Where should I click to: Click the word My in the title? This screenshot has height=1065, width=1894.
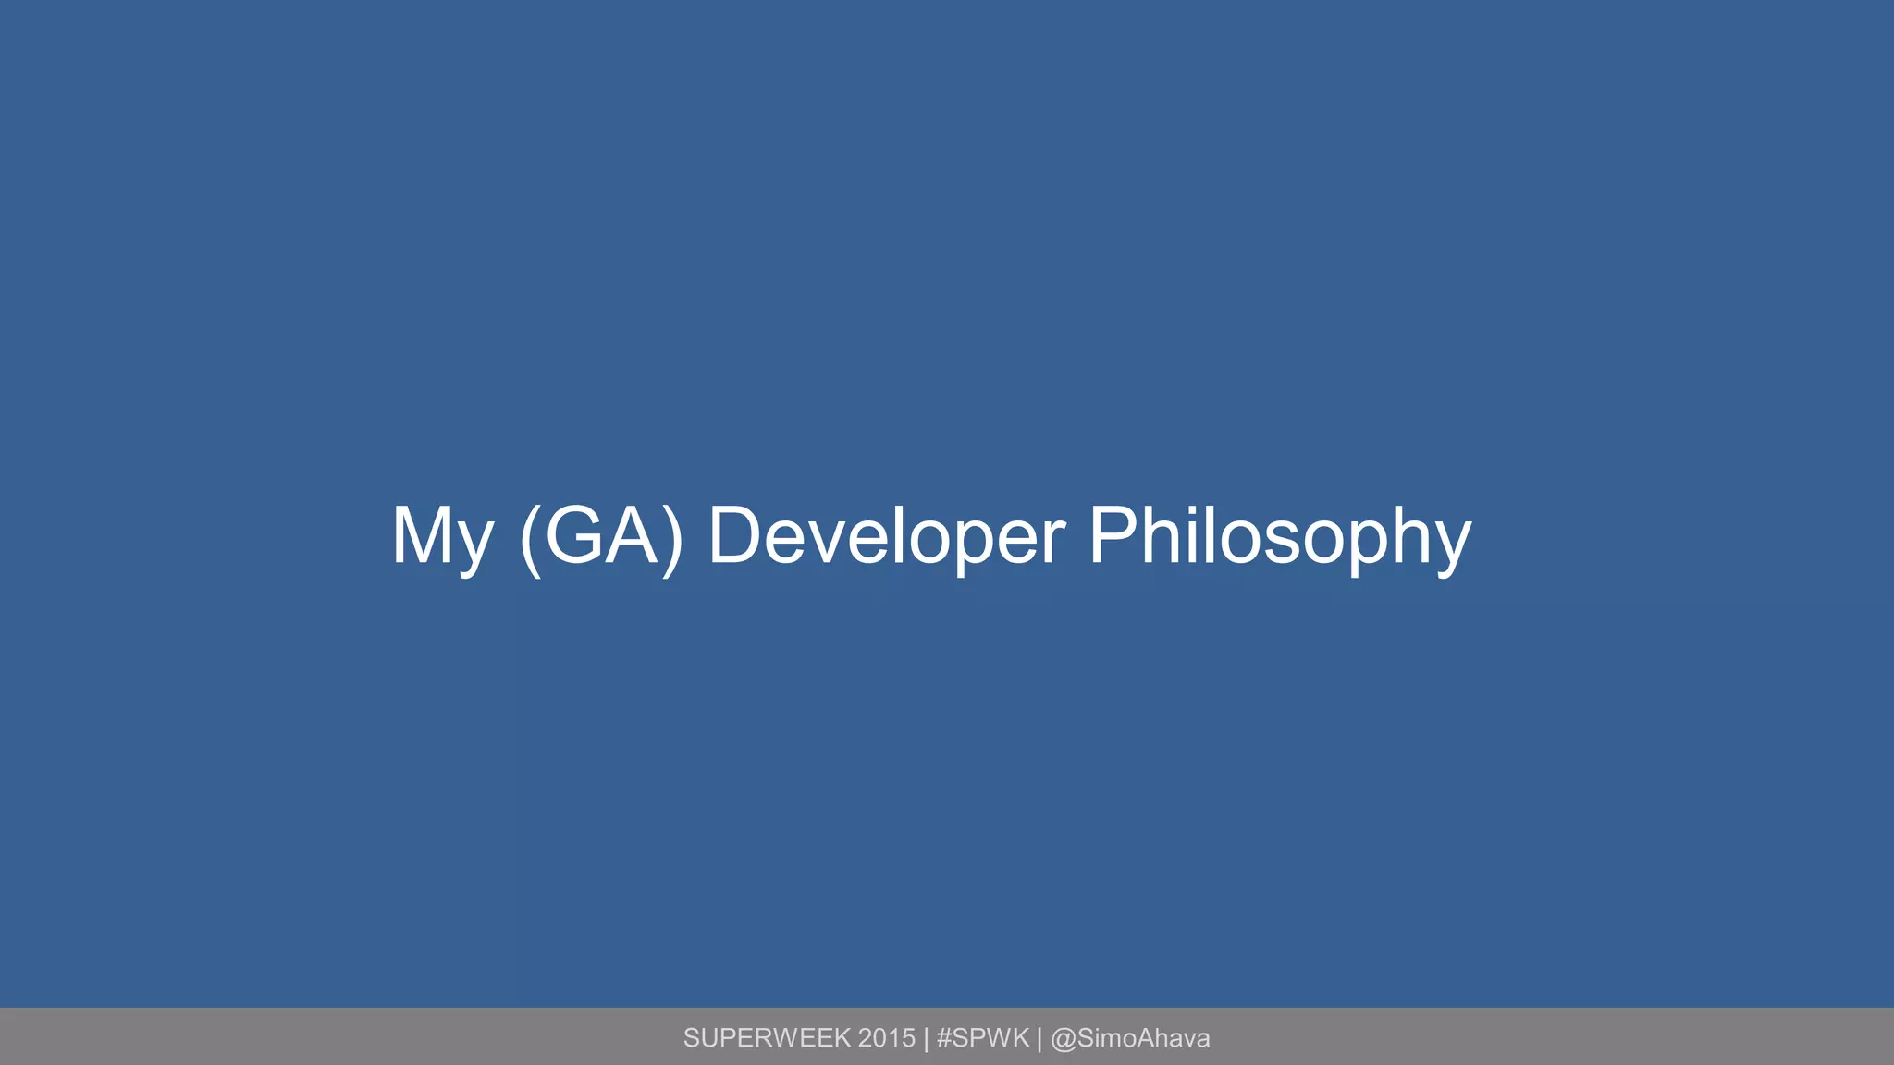click(441, 538)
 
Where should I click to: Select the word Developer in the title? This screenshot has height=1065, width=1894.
click(886, 536)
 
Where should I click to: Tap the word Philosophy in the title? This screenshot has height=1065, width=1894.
click(1279, 538)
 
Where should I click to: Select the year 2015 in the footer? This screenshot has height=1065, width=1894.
click(887, 1038)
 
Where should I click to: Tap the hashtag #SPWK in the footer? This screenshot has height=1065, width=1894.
click(983, 1038)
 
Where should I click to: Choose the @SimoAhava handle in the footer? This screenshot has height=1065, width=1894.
click(1130, 1038)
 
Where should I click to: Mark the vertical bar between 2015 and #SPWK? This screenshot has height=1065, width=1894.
click(926, 1039)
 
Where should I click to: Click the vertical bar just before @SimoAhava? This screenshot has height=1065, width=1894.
click(1039, 1039)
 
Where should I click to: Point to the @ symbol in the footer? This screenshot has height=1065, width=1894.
click(1064, 1039)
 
